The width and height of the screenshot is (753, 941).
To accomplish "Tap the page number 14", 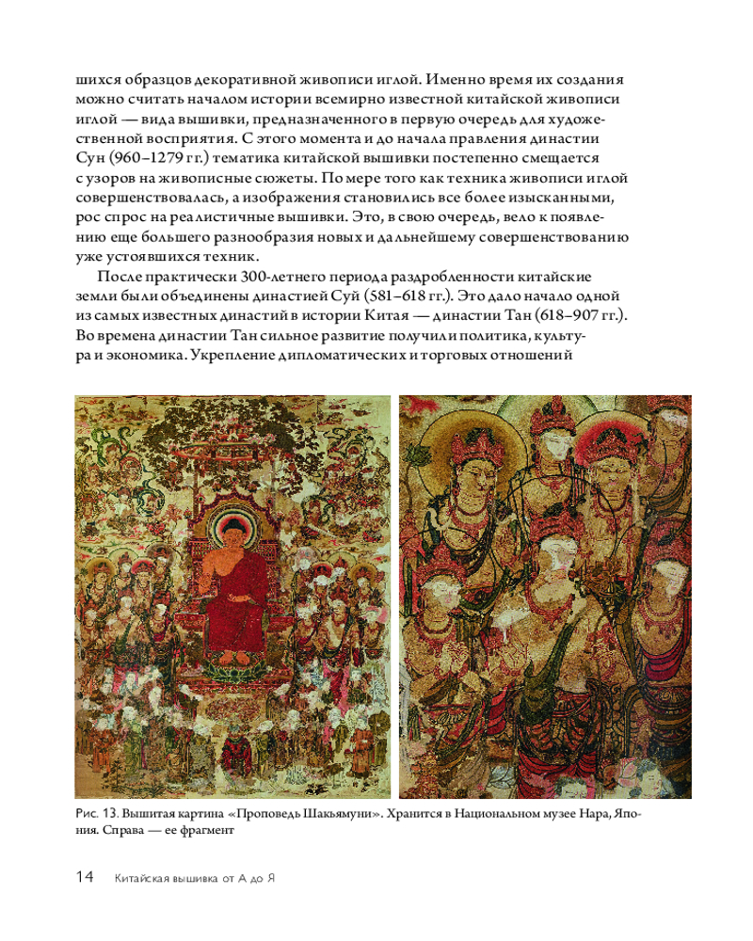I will pos(85,878).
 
